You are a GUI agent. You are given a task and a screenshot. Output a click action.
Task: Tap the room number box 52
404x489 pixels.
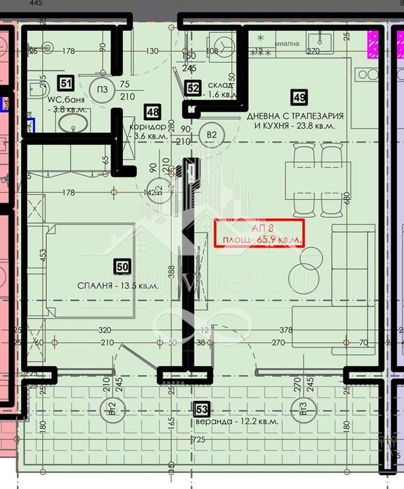(x=194, y=87)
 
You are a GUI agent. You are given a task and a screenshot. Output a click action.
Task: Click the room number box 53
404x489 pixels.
(x=202, y=407)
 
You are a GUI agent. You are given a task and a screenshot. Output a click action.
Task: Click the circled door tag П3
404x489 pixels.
(x=102, y=89)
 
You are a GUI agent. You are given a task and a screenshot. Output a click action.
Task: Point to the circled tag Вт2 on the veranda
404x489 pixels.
(x=108, y=408)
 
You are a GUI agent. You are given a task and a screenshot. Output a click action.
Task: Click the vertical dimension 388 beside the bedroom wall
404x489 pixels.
(x=171, y=271)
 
